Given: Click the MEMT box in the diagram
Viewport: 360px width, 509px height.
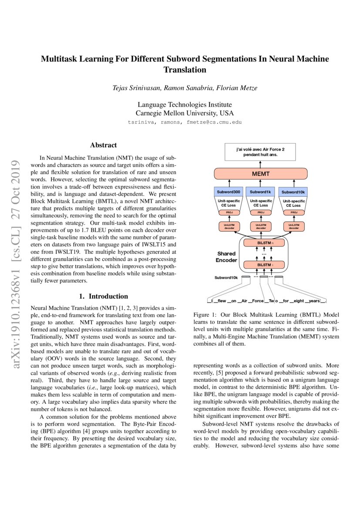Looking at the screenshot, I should (x=260, y=174).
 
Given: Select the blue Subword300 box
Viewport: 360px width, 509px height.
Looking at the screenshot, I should (x=229, y=192).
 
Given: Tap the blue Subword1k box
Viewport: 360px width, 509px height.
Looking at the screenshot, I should (x=260, y=192).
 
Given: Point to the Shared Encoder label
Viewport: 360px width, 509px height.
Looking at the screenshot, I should (x=226, y=256).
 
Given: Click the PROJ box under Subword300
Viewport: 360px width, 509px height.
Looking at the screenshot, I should (x=229, y=212).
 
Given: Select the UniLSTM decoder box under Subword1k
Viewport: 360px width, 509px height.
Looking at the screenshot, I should (x=260, y=226).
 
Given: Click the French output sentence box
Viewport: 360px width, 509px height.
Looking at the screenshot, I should (x=260, y=152).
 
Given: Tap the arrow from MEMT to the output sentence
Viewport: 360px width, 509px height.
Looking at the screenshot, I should (x=260, y=164).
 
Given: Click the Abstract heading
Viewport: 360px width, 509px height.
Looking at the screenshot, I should (x=103, y=145).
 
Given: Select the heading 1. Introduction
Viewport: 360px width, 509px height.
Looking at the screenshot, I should (x=103, y=296).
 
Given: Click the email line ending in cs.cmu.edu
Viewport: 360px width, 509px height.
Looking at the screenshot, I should (x=185, y=122).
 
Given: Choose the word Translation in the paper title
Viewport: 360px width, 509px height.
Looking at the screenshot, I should (x=185, y=70).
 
